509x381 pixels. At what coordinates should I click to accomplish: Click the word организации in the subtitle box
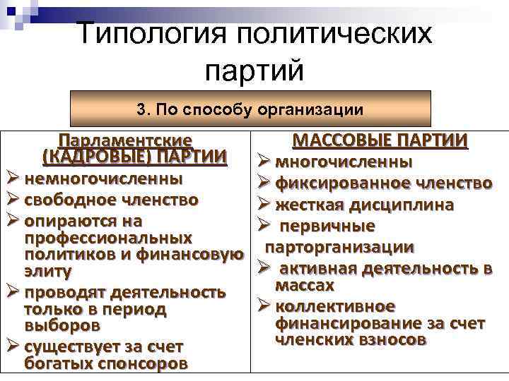click(x=321, y=109)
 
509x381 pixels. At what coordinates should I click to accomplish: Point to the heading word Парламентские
click(x=127, y=140)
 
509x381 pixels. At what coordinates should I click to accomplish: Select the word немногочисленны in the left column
click(x=103, y=177)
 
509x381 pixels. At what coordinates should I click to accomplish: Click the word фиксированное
click(x=333, y=183)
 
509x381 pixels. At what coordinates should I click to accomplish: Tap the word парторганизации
click(x=339, y=248)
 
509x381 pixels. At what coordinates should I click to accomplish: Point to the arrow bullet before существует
click(x=12, y=346)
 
